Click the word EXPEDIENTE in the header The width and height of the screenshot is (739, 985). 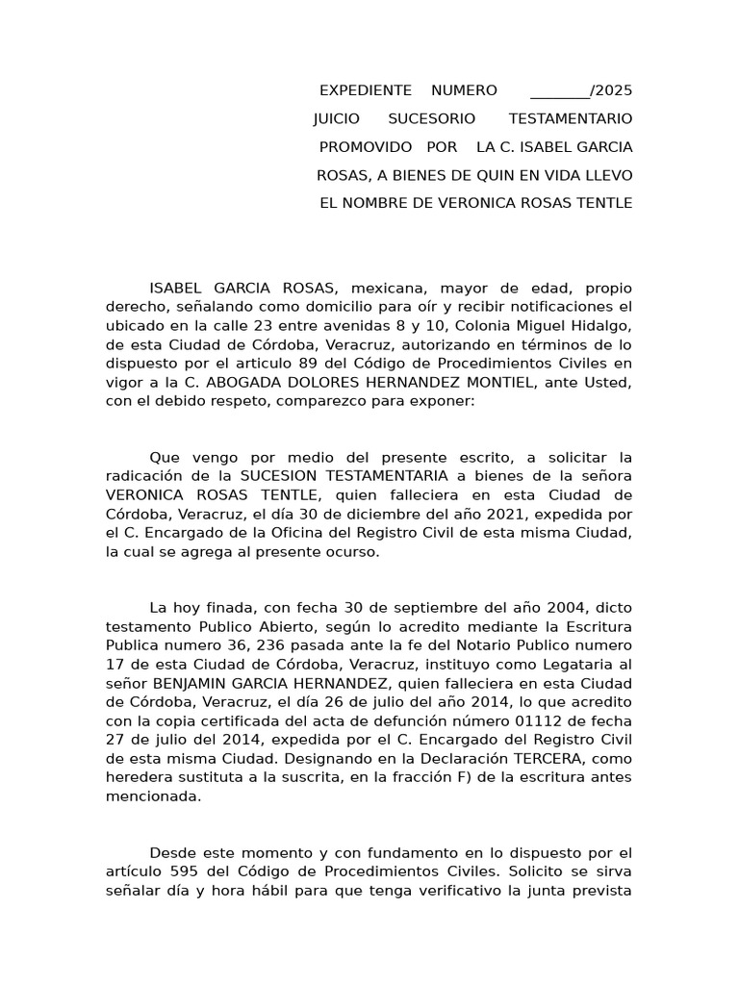[x=365, y=91]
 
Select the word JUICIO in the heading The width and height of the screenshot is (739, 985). [x=337, y=119]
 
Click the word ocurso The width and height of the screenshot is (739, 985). [x=353, y=551]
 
